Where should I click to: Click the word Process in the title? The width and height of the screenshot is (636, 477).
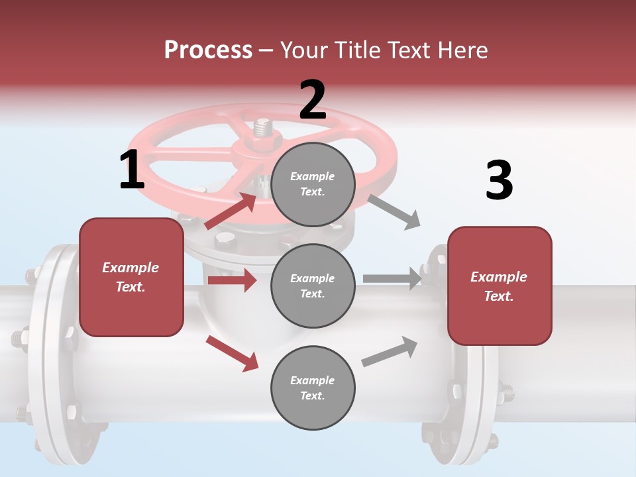coord(208,50)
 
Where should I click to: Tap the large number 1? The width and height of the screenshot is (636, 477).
coord(132,170)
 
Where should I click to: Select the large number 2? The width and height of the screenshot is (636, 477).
coord(313,99)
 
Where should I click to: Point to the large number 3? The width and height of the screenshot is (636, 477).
coord(499,180)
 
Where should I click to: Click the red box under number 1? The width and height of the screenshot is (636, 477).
coord(131,277)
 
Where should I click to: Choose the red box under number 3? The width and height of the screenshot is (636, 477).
coord(500,286)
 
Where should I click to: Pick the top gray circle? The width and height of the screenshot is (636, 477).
coord(313,184)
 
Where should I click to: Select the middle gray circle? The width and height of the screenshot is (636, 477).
coord(313,286)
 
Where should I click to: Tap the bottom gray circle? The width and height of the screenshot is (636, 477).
coord(313,388)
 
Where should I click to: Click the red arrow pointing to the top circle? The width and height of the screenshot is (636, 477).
coord(231,211)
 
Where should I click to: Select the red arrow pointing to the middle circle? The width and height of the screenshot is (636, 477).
coord(232,280)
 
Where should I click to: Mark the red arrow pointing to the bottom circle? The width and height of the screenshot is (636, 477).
coord(233,352)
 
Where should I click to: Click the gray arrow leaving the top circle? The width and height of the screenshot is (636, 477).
coord(394,211)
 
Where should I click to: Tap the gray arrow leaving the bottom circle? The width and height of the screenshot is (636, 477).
coord(390,352)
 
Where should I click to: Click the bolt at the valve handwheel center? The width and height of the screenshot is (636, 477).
coord(262,127)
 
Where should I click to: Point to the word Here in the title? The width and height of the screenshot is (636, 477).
coord(462,50)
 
